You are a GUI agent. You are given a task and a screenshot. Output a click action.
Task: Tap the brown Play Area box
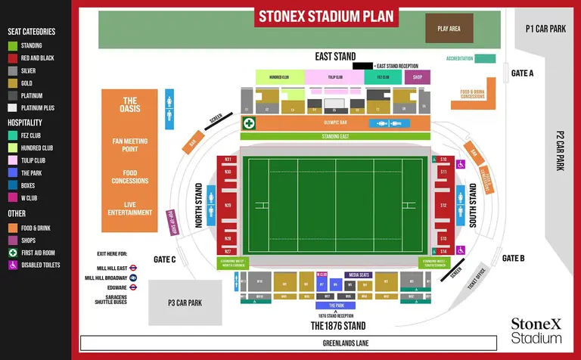coord(449,29)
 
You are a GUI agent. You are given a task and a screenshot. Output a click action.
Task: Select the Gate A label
coord(523,73)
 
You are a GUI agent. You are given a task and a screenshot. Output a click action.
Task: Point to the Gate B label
coord(513,258)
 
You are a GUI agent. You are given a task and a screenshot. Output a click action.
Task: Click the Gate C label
coord(164,259)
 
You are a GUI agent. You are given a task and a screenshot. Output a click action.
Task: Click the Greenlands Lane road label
coord(331,343)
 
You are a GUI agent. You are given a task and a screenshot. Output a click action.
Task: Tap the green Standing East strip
coord(335,136)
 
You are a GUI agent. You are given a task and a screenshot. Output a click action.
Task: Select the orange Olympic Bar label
coord(334,123)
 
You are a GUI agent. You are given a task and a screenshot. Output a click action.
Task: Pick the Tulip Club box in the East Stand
coord(335,77)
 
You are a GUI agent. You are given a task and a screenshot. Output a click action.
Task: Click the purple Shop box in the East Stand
coord(417,77)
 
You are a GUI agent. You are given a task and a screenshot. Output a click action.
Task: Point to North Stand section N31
coord(228,159)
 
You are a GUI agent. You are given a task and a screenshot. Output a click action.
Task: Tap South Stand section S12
coord(444,205)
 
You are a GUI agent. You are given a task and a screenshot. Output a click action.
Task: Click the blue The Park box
coord(335,306)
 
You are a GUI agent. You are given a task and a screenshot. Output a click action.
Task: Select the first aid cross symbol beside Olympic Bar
coord(248,123)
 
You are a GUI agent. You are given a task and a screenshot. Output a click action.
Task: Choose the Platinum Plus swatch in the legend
coord(12,108)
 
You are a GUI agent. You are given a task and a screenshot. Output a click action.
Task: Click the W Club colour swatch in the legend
coord(12,198)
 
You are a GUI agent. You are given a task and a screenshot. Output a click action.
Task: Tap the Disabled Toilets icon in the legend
coord(12,265)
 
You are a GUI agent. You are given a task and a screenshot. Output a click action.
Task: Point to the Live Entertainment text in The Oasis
coord(130,209)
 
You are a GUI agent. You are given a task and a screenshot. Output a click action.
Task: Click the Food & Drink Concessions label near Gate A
coord(473,95)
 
